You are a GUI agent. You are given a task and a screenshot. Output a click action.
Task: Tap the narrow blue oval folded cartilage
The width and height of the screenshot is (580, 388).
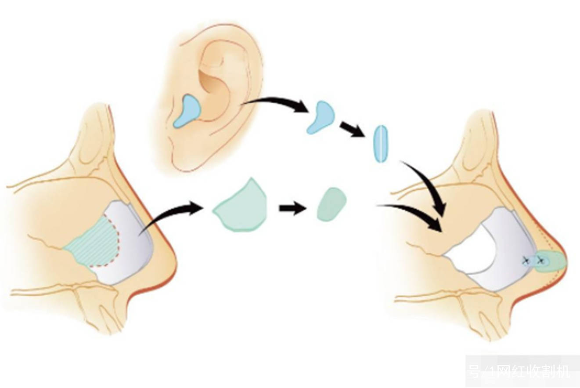click(381, 144)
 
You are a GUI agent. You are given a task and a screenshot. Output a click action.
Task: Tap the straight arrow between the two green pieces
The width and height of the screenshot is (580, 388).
click(292, 207)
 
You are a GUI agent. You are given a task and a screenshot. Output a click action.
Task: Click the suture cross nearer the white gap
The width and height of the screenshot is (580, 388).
click(525, 261)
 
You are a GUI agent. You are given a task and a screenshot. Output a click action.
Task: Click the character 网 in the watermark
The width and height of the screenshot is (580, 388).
click(500, 371)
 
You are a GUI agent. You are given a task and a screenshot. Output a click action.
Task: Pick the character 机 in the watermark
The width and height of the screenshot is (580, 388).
click(563, 371)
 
